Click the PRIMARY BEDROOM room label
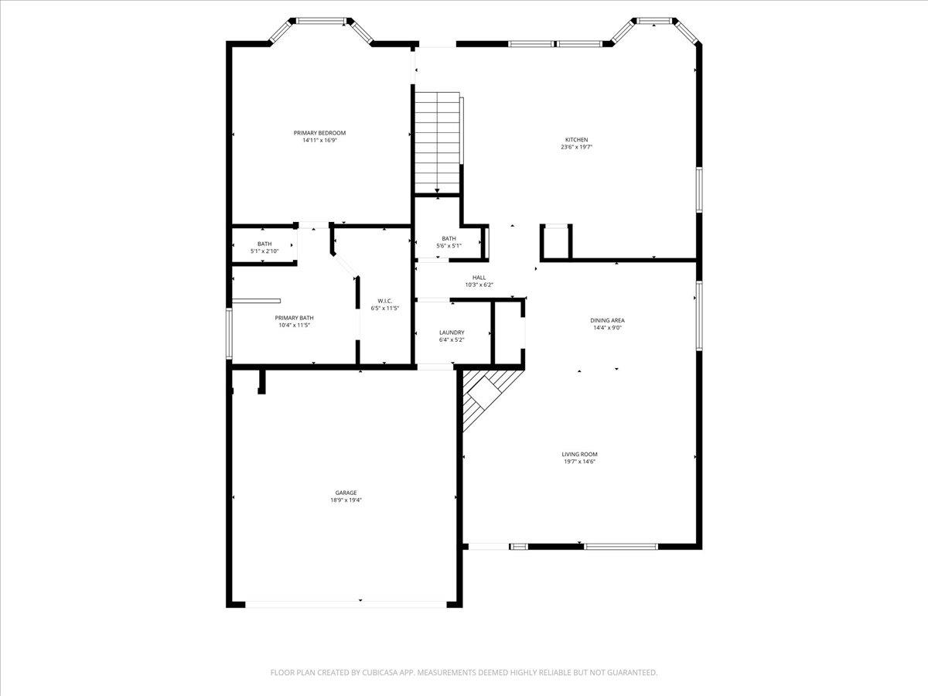pos(319,133)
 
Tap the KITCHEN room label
pos(576,140)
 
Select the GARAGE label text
pos(346,493)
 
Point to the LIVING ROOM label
pos(579,455)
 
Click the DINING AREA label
pos(607,320)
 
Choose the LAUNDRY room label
pos(452,333)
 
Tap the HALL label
pos(479,278)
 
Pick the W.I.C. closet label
pos(385,301)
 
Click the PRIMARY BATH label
pos(295,318)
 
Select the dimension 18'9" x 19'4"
pos(346,500)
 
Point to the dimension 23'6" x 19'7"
pos(576,147)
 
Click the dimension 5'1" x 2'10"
pos(264,251)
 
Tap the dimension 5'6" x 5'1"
pos(449,246)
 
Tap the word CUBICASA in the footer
pos(383,673)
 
